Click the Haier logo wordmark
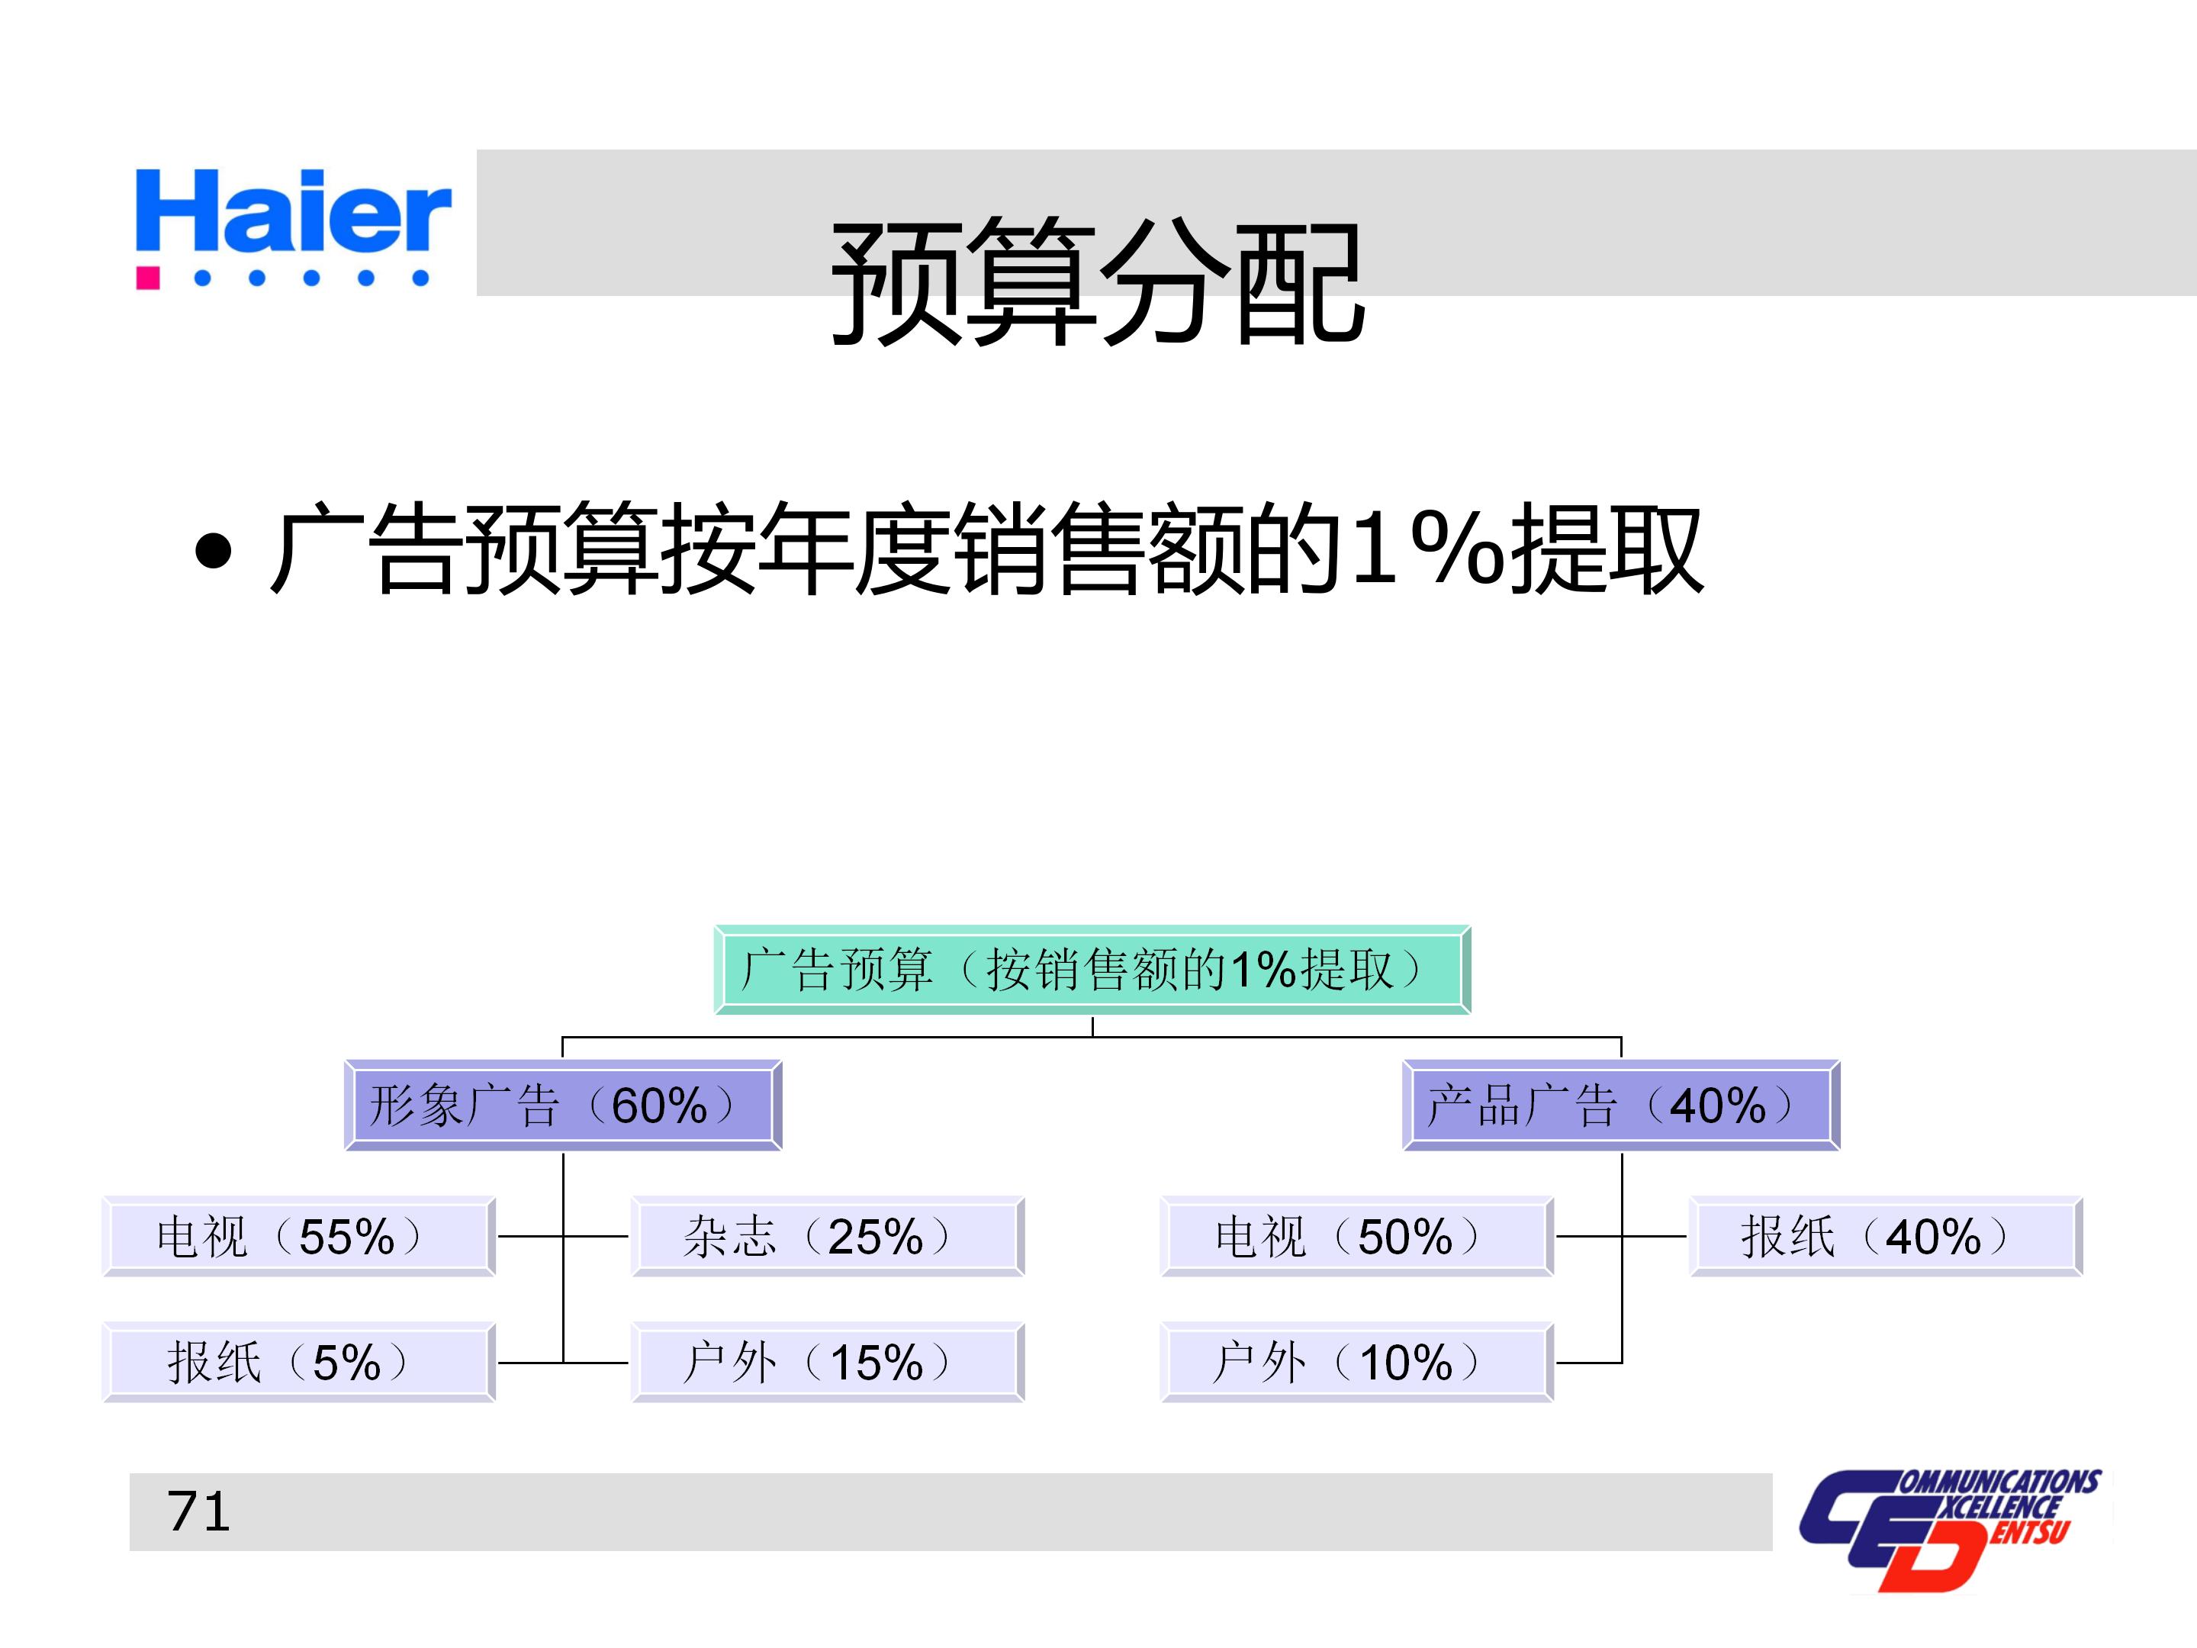(293, 211)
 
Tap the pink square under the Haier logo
(148, 277)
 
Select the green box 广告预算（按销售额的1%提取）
(1092, 970)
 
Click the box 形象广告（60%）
(563, 1106)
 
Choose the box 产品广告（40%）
(1621, 1106)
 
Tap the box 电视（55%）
(298, 1237)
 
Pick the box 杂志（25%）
(828, 1237)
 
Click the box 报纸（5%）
(298, 1362)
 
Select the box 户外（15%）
(828, 1362)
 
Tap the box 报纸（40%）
(1885, 1237)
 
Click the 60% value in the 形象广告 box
(660, 1106)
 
